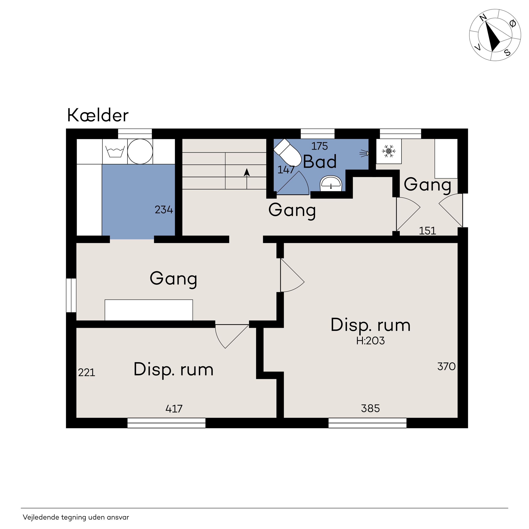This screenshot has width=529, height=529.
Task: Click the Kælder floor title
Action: (98, 115)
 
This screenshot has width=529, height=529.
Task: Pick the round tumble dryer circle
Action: (140, 151)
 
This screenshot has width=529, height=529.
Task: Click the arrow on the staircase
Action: (247, 178)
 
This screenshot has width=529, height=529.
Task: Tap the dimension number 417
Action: (174, 409)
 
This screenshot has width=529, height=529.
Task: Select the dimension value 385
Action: (371, 409)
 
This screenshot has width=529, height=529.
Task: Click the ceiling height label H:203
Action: (371, 341)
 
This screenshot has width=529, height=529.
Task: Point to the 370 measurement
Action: (447, 366)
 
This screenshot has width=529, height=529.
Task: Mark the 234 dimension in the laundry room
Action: (164, 210)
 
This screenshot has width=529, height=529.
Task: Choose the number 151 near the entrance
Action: (427, 231)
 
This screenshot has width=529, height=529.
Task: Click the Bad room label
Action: (320, 162)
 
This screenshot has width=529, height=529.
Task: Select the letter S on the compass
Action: (507, 52)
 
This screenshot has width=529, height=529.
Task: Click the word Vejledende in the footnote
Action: (41, 517)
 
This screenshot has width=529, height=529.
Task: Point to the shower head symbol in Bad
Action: (364, 154)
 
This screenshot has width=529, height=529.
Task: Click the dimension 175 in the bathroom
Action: (319, 146)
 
